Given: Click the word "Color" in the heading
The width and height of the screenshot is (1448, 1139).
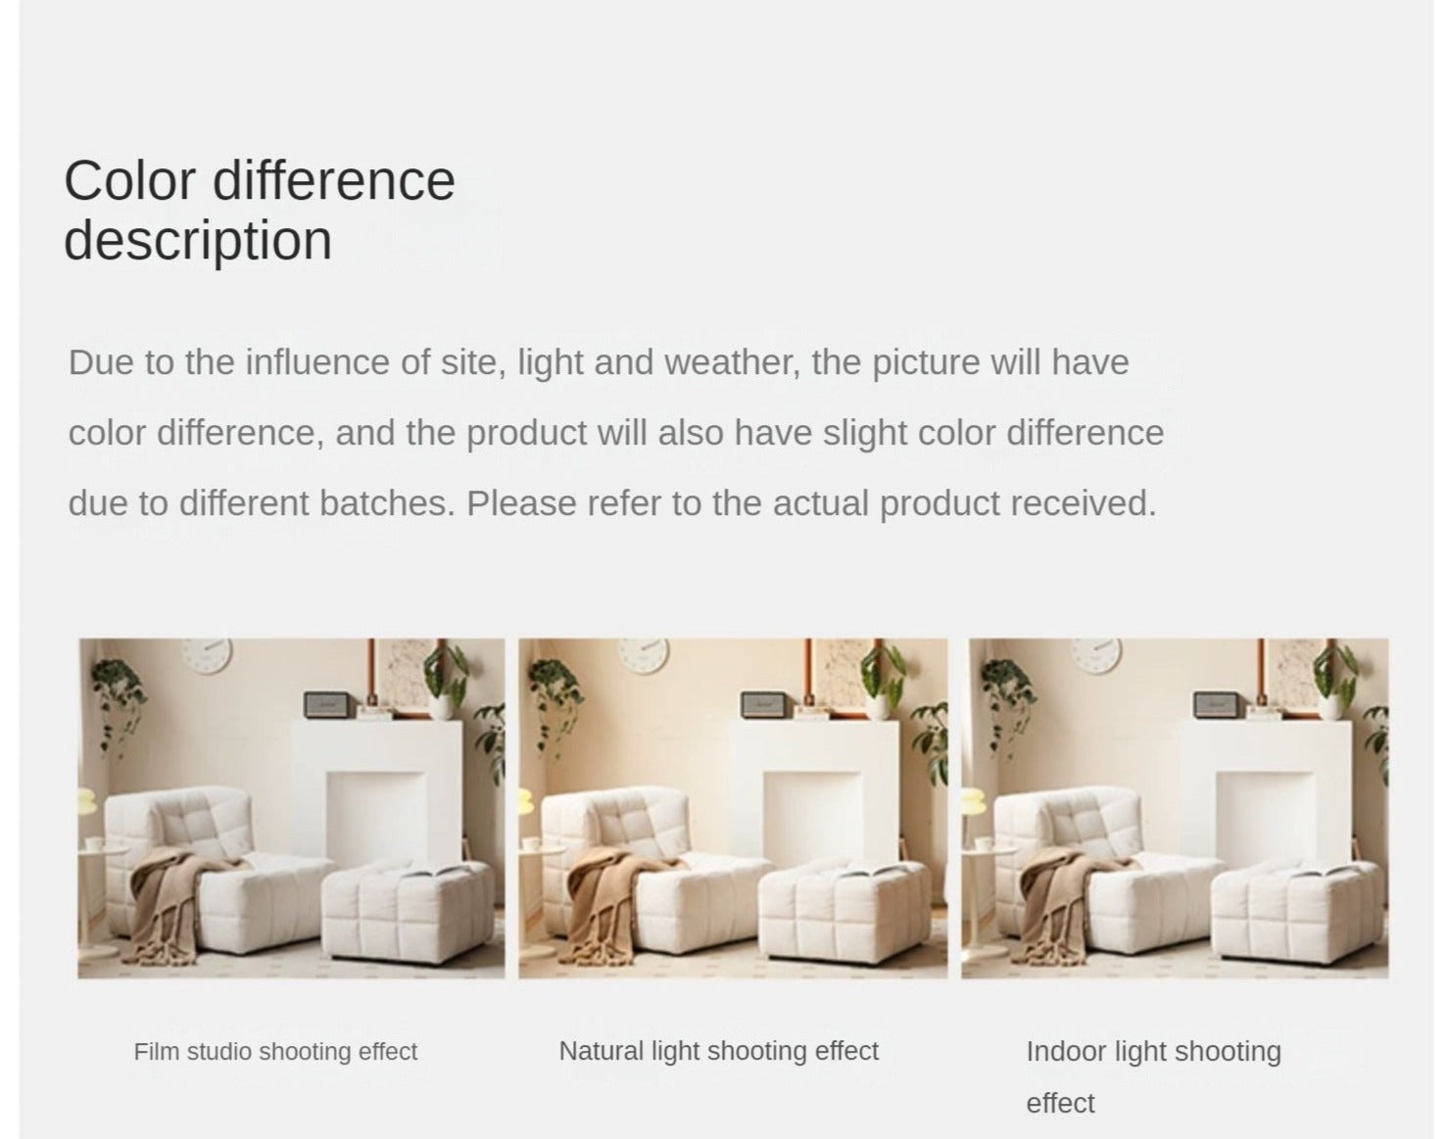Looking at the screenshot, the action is coord(130,180).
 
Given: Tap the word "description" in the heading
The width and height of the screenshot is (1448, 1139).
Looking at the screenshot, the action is coord(198,240).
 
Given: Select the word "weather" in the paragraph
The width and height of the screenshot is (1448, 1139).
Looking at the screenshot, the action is coord(733,362).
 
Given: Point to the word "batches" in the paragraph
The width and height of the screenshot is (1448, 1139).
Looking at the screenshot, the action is coord(388,503).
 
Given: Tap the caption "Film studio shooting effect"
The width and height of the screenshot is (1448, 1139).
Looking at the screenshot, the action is coord(276,1051).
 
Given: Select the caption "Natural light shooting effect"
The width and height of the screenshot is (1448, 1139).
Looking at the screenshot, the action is coord(719,1050).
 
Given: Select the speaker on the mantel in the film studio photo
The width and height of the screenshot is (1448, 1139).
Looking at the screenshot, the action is coord(326,704).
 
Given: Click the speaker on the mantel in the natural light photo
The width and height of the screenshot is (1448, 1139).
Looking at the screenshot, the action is coord(763,704).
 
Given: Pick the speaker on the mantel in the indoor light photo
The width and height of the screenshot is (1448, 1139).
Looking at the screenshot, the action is coord(1216,704).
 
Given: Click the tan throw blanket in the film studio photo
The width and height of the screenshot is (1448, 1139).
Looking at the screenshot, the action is coord(175,902).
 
